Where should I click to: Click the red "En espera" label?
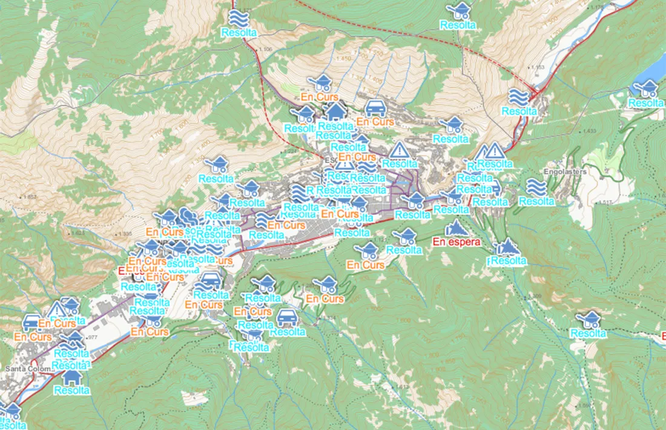(x=457, y=242)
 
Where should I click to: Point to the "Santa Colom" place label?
(x=25, y=368)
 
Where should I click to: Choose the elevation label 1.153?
(x=538, y=67)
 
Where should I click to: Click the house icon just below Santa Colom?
(x=72, y=377)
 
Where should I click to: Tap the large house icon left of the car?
(x=335, y=111)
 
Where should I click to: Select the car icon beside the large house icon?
(x=375, y=108)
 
